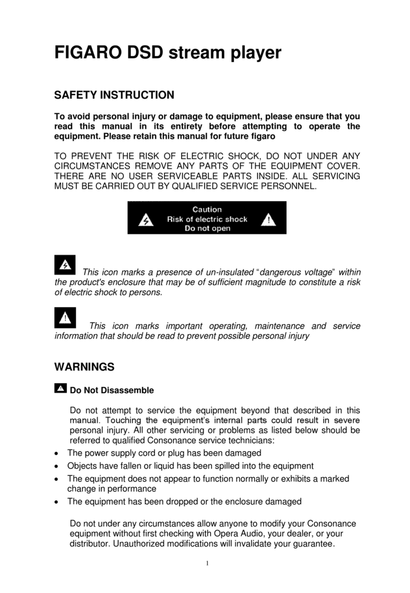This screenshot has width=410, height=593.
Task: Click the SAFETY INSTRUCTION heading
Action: click(114, 95)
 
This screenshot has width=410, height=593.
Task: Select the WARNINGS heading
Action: click(84, 366)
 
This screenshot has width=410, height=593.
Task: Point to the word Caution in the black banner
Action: click(207, 209)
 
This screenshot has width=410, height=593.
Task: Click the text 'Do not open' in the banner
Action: click(207, 229)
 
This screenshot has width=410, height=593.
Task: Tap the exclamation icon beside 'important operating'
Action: click(64, 317)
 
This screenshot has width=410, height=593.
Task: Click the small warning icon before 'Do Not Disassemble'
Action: click(60, 389)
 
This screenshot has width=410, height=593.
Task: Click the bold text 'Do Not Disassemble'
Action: click(112, 391)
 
